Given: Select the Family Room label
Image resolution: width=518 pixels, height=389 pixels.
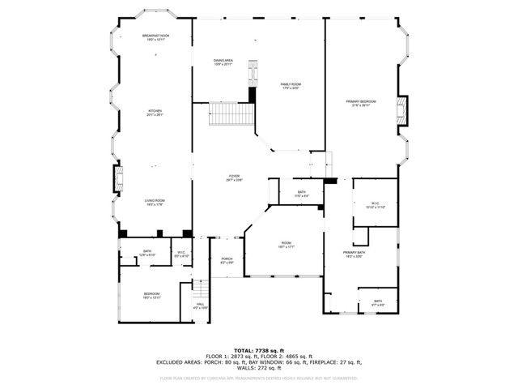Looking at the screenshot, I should pyautogui.click(x=291, y=86).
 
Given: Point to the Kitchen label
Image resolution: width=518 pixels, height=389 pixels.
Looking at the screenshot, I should pyautogui.click(x=154, y=113).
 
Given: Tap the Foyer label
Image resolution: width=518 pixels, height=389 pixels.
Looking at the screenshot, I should pyautogui.click(x=234, y=177).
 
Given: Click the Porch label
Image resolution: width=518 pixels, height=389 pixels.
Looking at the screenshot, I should pyautogui.click(x=227, y=261).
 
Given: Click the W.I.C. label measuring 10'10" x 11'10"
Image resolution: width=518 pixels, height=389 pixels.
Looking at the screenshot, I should pyautogui.click(x=376, y=205).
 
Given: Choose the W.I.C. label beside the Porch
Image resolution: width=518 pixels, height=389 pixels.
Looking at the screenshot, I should pyautogui.click(x=181, y=254).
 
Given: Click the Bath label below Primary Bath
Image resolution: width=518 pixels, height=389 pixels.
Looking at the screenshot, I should pyautogui.click(x=378, y=302).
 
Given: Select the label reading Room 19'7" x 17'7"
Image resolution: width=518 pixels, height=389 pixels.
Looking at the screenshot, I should pyautogui.click(x=286, y=245).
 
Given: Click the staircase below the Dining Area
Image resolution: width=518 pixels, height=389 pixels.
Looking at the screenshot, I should pyautogui.click(x=229, y=113).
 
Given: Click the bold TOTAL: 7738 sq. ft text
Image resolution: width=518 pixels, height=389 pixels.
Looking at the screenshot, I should pyautogui.click(x=259, y=350).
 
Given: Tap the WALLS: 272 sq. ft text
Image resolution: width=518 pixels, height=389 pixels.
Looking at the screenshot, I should pyautogui.click(x=259, y=369).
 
